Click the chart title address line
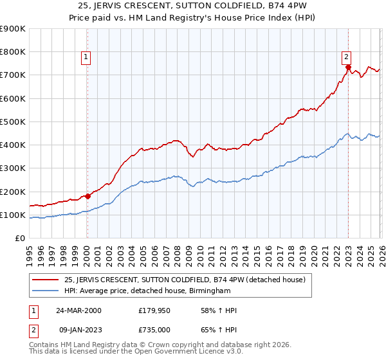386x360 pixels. point(193,6)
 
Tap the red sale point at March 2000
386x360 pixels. point(87,196)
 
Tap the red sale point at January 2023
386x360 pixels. point(348,67)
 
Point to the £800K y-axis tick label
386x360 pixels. point(13,52)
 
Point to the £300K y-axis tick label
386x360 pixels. point(13,168)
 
